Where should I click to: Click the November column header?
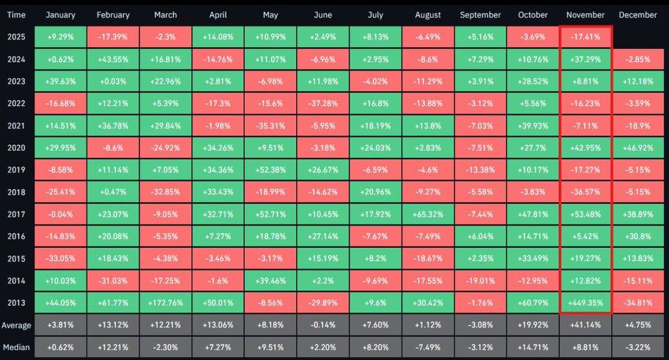click(585, 15)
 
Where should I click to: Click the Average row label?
click(17, 324)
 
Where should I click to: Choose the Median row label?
click(17, 346)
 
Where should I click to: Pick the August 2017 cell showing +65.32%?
click(427, 213)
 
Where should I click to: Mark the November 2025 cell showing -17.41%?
click(585, 37)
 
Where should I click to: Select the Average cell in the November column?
click(585, 324)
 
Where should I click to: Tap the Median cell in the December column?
click(639, 346)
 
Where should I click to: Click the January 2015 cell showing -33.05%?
click(60, 258)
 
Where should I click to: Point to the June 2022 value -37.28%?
click(322, 103)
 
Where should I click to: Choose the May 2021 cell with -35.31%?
click(270, 125)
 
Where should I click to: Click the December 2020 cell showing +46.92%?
click(639, 147)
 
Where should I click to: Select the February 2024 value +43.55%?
click(112, 59)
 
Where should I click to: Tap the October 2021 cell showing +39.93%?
click(532, 125)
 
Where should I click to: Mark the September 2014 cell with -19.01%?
click(480, 280)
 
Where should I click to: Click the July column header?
click(375, 15)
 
